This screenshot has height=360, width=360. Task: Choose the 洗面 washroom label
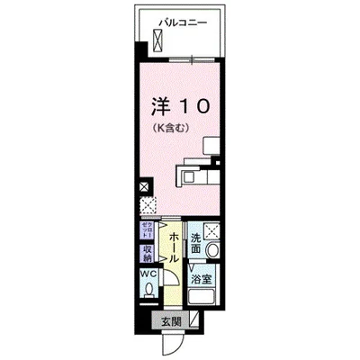click(196, 243)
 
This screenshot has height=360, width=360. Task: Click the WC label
click(147, 275)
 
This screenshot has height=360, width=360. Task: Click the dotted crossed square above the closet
click(147, 206)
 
